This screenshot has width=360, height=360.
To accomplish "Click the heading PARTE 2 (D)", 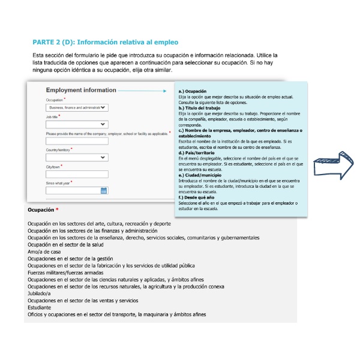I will click(x=105, y=43).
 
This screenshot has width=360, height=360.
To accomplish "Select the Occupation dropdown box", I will click(x=76, y=107).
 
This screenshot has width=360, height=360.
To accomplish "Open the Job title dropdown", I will click(x=76, y=124).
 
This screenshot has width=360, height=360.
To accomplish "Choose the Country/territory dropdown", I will click(x=76, y=157).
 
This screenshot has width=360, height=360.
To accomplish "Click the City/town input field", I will click(x=76, y=174).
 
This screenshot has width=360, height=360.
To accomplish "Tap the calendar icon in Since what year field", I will click(x=104, y=191).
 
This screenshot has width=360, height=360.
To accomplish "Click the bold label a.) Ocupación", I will click(x=192, y=91).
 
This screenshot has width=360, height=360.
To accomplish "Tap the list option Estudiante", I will click(x=40, y=308).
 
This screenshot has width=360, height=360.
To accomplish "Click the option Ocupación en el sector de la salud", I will click(x=70, y=245).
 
